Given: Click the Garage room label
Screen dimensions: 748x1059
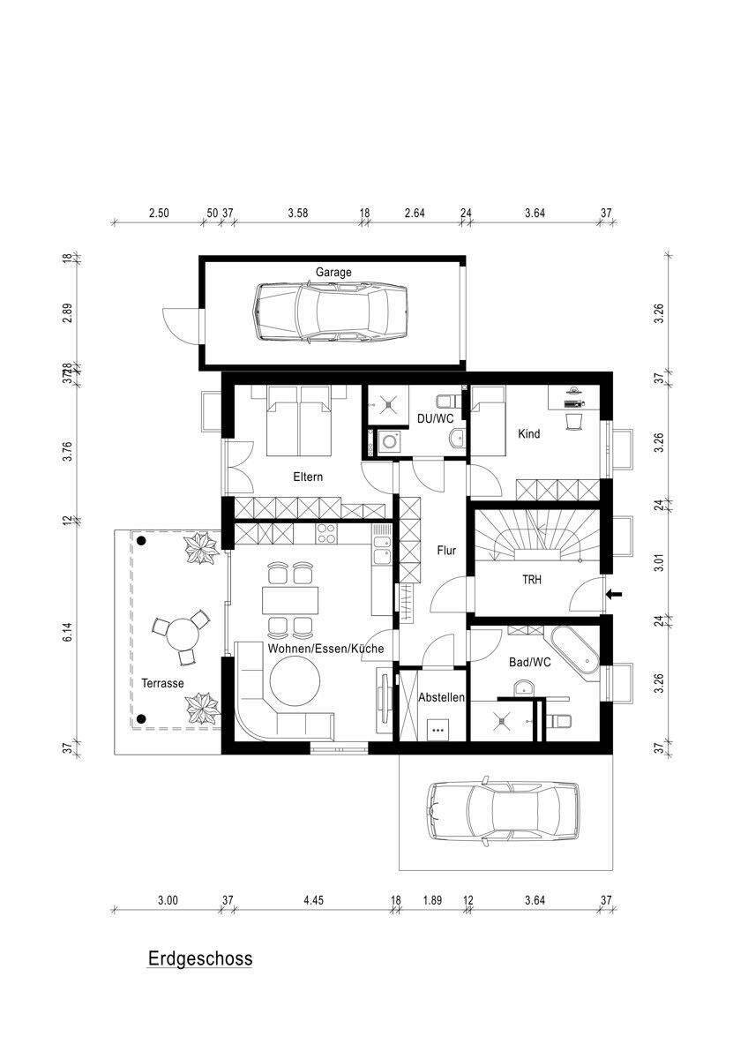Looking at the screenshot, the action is coord(333,273).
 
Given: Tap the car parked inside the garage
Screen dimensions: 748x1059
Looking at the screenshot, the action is coord(330,312).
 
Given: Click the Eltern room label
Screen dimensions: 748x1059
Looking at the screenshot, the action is coord(308,477).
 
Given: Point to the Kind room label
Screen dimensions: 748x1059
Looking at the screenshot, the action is coord(528,433).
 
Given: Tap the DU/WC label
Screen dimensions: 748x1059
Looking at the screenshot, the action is coord(435,418).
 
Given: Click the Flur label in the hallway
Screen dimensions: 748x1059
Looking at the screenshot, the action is coord(446,551).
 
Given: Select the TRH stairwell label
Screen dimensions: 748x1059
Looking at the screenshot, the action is coord(532,580).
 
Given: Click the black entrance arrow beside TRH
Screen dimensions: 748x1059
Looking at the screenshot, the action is coord(614,594).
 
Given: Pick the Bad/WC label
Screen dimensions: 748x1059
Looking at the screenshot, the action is coord(530,663).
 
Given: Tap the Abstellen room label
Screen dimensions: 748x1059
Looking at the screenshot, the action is coord(441,697).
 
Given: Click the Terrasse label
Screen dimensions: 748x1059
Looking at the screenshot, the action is coord(162,683).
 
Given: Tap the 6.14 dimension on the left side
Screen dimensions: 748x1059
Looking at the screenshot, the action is coord(69,632).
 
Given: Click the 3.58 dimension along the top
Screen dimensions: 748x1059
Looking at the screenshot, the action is coord(297,214).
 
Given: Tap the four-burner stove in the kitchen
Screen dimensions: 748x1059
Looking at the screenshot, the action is coord(326,533).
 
